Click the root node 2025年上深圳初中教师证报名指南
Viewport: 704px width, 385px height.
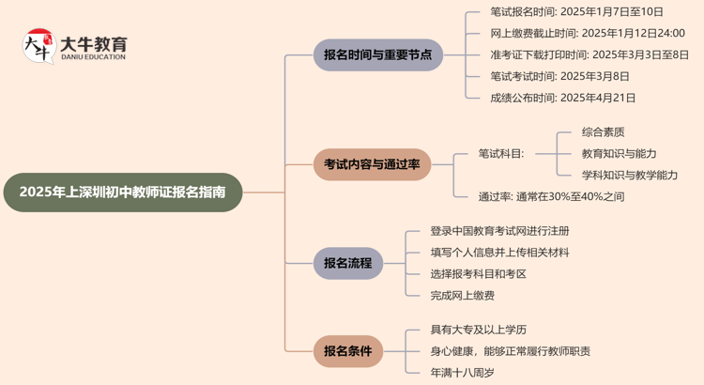(123, 192)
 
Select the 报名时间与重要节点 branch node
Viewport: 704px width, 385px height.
(377, 54)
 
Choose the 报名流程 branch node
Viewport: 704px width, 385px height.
(347, 263)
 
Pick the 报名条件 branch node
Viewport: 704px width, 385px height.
(347, 351)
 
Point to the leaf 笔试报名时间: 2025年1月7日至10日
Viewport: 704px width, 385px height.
(576, 12)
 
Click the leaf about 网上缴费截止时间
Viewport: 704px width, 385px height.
(587, 33)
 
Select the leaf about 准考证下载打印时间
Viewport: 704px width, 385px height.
(589, 54)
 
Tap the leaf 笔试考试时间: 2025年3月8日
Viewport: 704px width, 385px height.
(559, 76)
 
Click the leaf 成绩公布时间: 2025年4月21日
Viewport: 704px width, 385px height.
(562, 98)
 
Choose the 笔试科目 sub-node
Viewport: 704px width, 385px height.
(501, 153)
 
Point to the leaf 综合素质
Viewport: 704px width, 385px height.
(604, 131)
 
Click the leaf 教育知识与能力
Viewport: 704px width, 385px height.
(619, 153)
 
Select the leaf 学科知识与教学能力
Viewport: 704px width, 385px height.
(629, 175)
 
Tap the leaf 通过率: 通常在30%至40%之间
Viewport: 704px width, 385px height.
(551, 196)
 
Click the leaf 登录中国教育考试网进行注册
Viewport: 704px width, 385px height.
(499, 231)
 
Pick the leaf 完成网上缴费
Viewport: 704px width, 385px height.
(463, 296)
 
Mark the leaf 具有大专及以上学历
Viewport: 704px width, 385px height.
(479, 330)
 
